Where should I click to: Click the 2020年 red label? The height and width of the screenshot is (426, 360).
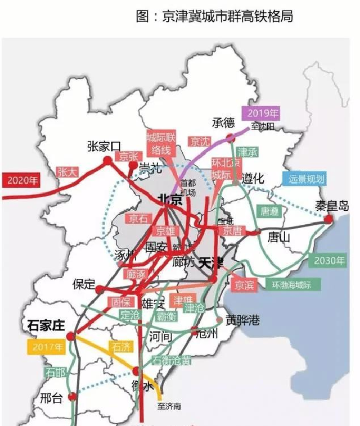21,181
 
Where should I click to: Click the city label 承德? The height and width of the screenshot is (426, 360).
223,123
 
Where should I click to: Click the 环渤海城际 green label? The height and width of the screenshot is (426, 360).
291,284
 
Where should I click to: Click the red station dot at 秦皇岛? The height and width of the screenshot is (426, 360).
328,219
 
